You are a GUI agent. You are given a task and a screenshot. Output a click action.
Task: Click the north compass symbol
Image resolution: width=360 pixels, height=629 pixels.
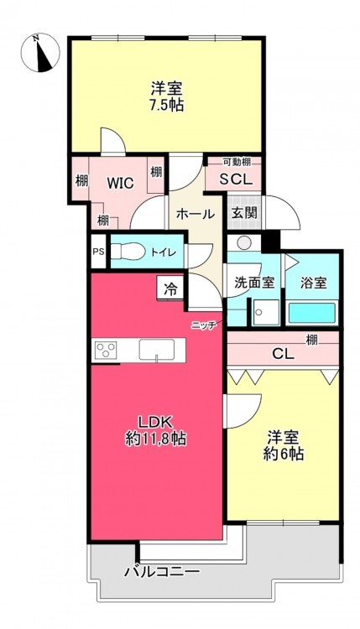pyautogui.click(x=39, y=53)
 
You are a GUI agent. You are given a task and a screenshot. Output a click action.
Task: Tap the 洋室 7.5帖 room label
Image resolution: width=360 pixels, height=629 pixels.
pyautogui.click(x=167, y=96)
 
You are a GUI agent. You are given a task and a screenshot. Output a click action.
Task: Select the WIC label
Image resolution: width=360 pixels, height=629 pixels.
pyautogui.click(x=120, y=183)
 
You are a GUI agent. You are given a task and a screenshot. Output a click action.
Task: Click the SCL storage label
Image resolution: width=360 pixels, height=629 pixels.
pyautogui.click(x=237, y=179)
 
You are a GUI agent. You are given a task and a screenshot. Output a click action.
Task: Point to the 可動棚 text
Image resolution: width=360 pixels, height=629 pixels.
pyautogui.click(x=237, y=162)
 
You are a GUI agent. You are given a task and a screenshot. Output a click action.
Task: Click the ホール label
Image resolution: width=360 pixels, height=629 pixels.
pyautogui.click(x=196, y=214)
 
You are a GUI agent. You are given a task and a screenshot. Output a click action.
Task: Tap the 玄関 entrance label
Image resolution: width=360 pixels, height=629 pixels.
pyautogui.click(x=244, y=213)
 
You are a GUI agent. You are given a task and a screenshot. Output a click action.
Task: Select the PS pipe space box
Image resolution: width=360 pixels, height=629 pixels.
pyautogui.click(x=98, y=252)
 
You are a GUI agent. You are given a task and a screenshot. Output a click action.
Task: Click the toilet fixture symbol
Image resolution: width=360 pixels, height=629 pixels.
pyautogui.click(x=128, y=252)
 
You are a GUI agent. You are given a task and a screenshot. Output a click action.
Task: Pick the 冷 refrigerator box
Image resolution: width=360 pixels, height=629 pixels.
pyautogui.click(x=171, y=289)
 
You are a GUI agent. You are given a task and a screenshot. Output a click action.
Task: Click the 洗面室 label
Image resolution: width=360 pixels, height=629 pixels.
pyautogui.click(x=254, y=283)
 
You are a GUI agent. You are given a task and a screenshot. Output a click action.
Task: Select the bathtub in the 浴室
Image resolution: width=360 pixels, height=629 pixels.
pyautogui.click(x=312, y=314)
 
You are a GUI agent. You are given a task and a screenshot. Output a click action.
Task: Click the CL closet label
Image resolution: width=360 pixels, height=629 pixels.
pyautogui.click(x=284, y=354)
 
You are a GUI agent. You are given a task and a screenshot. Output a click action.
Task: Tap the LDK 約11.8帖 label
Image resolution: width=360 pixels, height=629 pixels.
pyautogui.click(x=156, y=431)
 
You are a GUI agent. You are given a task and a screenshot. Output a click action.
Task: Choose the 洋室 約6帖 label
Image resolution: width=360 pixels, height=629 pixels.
pyautogui.click(x=284, y=445)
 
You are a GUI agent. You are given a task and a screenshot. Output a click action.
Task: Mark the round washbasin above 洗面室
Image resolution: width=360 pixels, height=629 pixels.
pyautogui.click(x=243, y=242)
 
